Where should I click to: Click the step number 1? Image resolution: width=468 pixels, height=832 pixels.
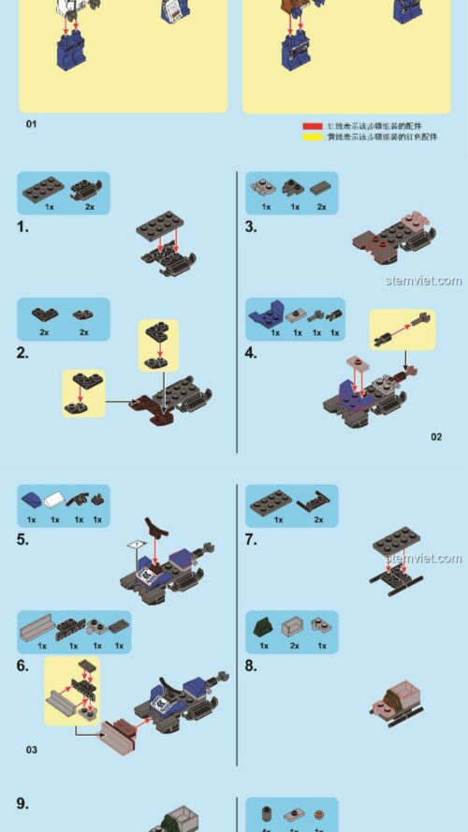coord(22,226)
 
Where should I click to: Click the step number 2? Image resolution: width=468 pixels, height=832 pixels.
coord(22,353)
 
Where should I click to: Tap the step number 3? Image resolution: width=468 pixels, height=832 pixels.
coord(251,226)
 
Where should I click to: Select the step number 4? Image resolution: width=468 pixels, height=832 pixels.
coord(251,353)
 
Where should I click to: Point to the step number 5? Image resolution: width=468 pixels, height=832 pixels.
coord(22,539)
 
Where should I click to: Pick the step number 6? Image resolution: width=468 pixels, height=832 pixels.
coord(22,665)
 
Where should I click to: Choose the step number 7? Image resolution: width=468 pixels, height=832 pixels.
coord(251,539)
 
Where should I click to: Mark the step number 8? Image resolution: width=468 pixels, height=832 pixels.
coord(251,665)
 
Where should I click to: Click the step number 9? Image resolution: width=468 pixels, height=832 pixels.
coord(22,803)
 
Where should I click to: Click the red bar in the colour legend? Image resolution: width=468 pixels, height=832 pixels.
coord(312,125)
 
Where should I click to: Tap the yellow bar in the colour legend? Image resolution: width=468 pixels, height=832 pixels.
coord(312,137)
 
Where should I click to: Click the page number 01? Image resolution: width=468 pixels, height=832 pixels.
coord(31,124)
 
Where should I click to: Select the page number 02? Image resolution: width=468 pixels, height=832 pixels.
coord(436,436)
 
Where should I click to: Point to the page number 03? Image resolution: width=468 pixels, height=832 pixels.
coord(31,750)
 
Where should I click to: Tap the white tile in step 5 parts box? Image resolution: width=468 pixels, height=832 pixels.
coord(55,502)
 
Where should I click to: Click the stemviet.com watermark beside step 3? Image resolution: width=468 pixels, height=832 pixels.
coord(423,281)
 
